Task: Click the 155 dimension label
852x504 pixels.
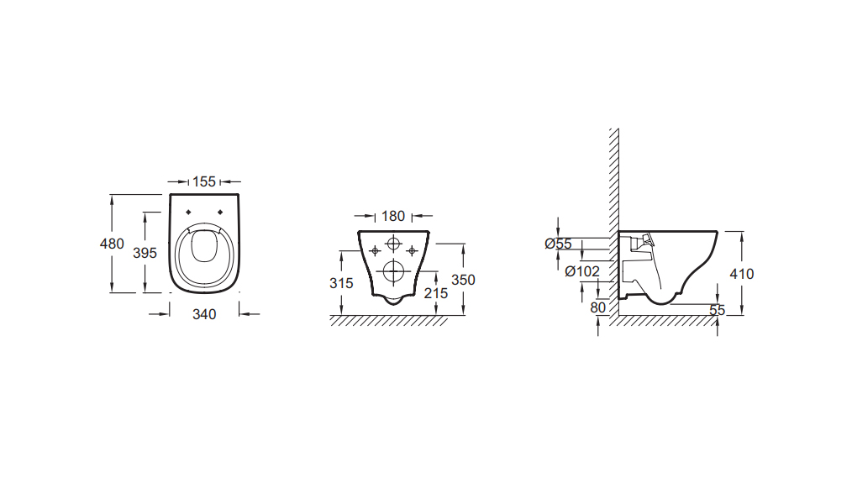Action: tap(204, 181)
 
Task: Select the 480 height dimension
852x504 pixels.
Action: tap(112, 244)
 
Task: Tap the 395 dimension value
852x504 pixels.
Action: tap(145, 253)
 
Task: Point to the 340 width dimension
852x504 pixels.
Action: tap(204, 314)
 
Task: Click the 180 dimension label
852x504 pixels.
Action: tap(393, 216)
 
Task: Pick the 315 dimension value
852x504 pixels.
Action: tap(341, 283)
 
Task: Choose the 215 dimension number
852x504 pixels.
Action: tap(436, 293)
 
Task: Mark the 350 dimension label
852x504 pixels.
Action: tap(464, 280)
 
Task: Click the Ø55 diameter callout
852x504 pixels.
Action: tap(559, 244)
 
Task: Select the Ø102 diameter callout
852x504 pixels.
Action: tap(582, 271)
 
